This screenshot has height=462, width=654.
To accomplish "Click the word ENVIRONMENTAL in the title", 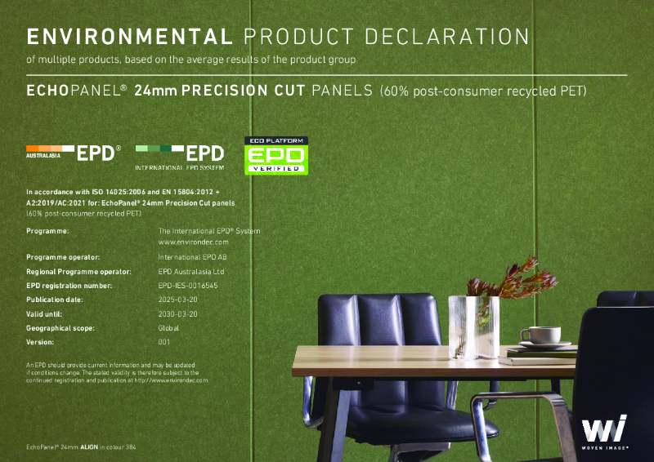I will coord(126,37).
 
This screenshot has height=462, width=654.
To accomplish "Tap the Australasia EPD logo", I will coord(74,152).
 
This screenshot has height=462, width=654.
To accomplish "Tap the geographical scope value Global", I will coord(168,327).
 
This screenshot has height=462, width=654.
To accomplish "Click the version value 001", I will coord(164,342).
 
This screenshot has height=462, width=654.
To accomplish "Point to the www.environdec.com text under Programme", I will coord(193,242).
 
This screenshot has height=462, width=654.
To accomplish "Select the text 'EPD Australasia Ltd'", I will coord(191,271).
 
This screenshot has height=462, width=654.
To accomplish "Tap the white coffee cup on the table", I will coord(540,335).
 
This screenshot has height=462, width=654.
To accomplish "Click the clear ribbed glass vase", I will coord(473,326).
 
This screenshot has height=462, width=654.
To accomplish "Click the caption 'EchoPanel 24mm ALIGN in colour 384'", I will coord(81,448).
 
